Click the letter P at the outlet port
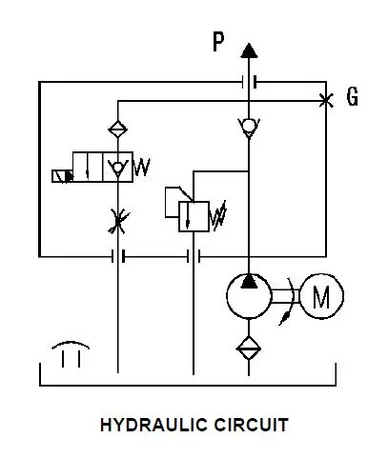[x=218, y=42]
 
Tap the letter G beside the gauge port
[x=352, y=96]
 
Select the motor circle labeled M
[x=321, y=296]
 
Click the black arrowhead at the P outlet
[x=249, y=50]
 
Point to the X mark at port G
[x=326, y=101]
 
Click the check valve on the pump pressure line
[x=249, y=128]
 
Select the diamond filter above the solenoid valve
[x=118, y=129]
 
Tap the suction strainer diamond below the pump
[x=249, y=348]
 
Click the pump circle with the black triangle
[x=249, y=296]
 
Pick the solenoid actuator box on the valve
[x=63, y=176]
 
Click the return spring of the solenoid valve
[x=142, y=168]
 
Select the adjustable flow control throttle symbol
[x=118, y=221]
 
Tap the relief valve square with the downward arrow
[x=194, y=216]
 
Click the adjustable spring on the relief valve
[x=218, y=216]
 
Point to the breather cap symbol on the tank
[x=71, y=354]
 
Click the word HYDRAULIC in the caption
[x=154, y=425]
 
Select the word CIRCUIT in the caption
[x=251, y=425]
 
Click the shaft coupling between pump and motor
[x=286, y=296]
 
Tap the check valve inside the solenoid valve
[x=118, y=168]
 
